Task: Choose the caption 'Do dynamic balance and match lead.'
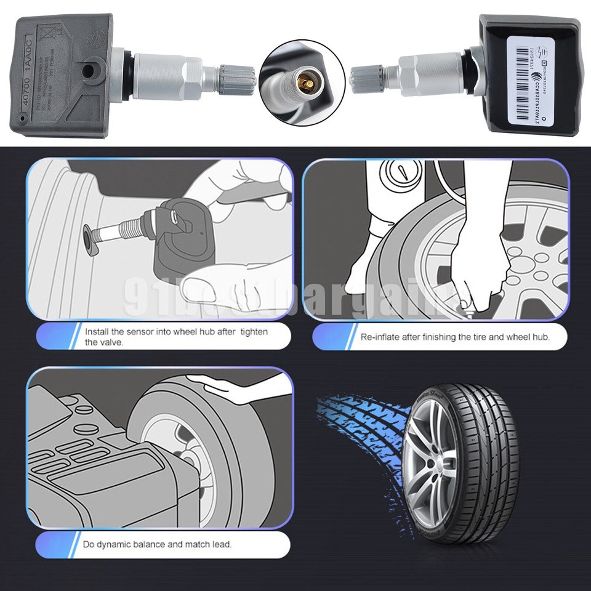pyautogui.click(x=158, y=544)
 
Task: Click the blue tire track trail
pyautogui.click(x=357, y=431)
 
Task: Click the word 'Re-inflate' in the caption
pyautogui.click(x=380, y=337)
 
